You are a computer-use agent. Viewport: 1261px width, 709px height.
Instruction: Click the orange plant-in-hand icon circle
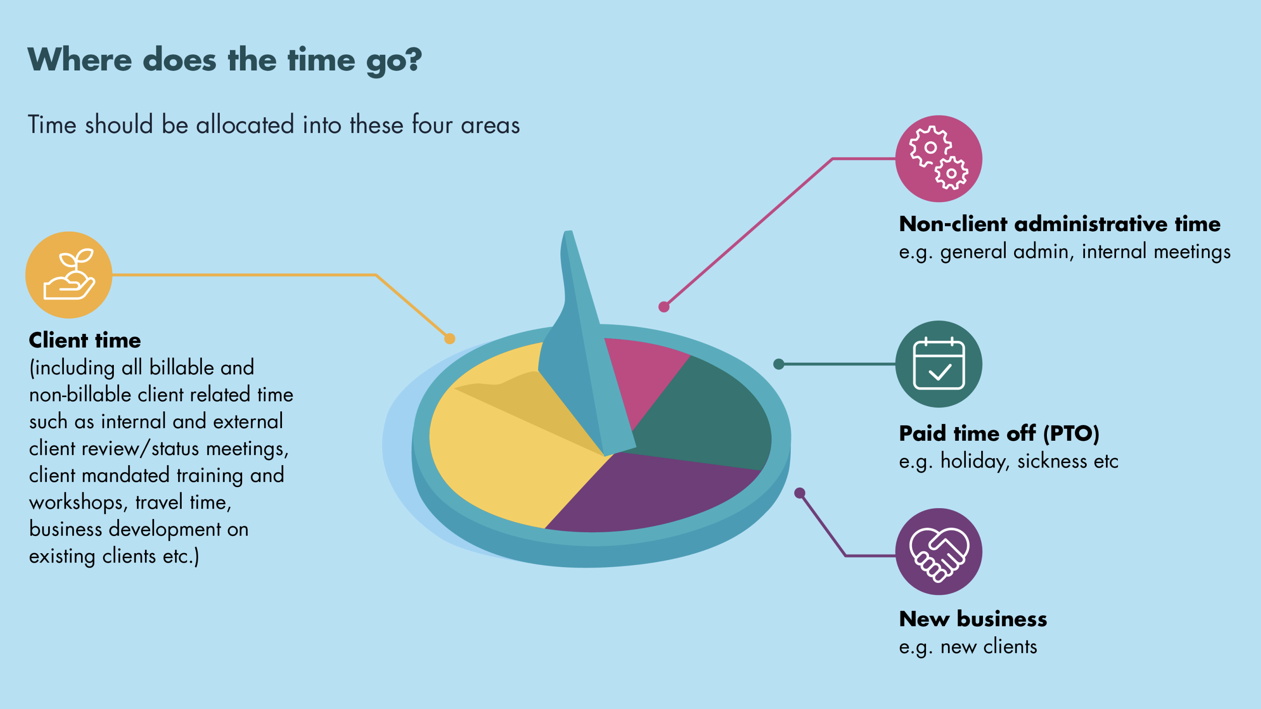tap(69, 275)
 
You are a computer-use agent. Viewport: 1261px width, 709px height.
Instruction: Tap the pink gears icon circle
tap(938, 158)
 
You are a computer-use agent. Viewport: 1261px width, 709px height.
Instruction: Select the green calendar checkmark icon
tap(938, 364)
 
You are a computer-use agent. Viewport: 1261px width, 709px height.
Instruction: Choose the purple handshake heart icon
tap(938, 551)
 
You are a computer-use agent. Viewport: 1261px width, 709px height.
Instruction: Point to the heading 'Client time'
tap(85, 340)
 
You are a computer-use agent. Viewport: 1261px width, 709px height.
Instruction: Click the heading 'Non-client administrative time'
tap(1060, 224)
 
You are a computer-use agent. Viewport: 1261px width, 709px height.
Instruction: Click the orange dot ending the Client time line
tap(450, 339)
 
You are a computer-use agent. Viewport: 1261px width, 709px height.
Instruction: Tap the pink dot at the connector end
tap(664, 307)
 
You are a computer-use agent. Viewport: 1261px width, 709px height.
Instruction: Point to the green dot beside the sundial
tap(779, 364)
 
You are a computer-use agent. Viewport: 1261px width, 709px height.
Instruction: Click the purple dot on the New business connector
tap(800, 493)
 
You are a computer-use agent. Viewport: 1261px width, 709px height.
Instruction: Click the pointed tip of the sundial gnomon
tap(568, 232)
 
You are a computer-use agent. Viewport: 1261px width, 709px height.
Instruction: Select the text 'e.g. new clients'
tap(968, 647)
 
